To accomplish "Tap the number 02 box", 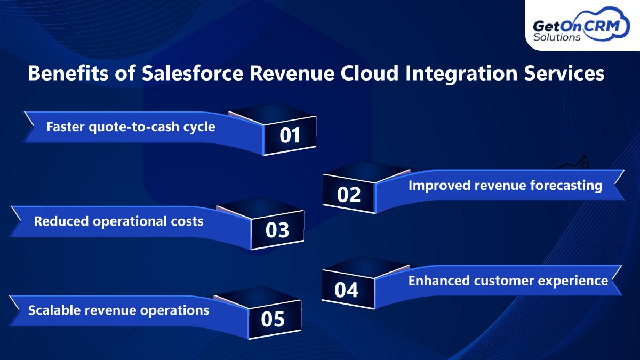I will [349, 195].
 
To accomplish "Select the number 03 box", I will [277, 230].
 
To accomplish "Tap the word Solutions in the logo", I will [557, 38].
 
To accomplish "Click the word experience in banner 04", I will [579, 281].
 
